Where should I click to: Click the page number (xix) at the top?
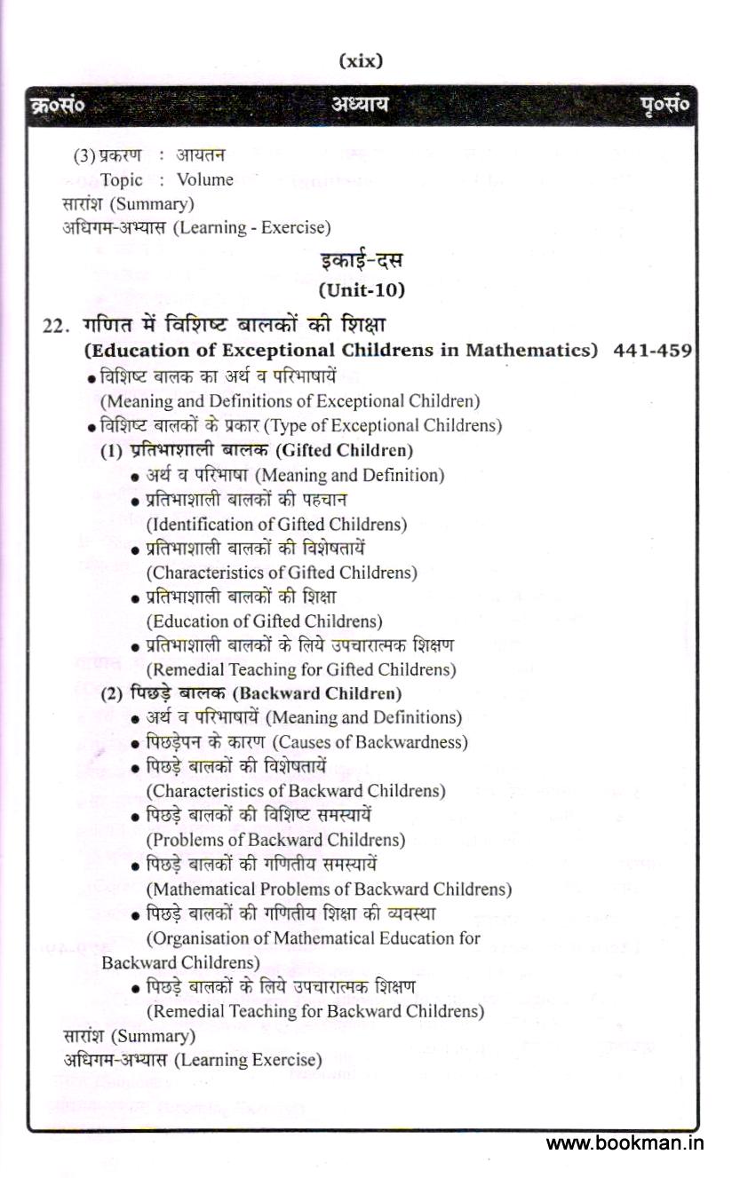[361, 61]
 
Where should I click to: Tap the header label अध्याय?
[360, 105]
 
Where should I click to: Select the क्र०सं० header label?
[58, 106]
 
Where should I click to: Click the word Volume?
[205, 179]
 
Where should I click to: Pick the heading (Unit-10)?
[361, 290]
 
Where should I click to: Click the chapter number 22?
[56, 325]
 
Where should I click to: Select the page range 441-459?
[652, 351]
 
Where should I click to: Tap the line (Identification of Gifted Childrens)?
[276, 524]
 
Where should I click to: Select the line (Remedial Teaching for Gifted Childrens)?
[301, 669]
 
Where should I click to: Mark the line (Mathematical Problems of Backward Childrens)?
[329, 889]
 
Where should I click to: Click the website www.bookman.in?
[625, 1142]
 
